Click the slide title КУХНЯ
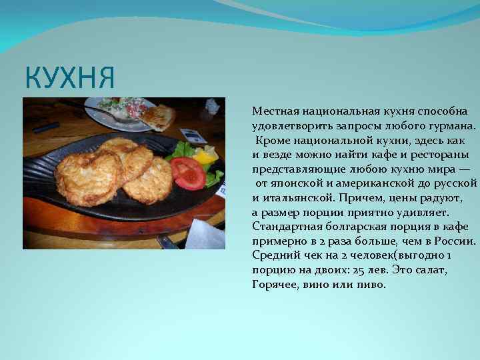(x=69, y=77)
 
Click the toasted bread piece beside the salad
(x=159, y=117)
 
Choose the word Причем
(x=359, y=197)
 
